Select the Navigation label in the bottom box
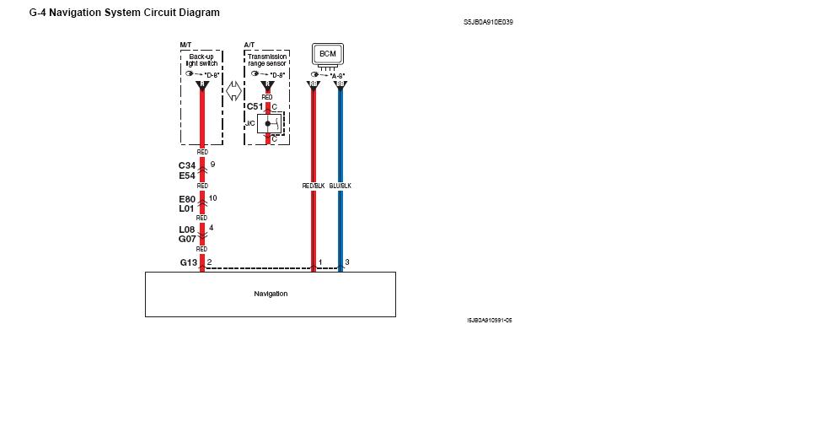point(271,294)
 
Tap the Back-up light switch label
point(202,60)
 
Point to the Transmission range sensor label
point(266,60)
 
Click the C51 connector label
point(255,106)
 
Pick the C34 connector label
point(187,165)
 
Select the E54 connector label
point(187,175)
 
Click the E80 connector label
point(187,199)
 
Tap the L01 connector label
point(187,208)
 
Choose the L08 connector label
point(187,229)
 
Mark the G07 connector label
point(187,239)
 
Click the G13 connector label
point(188,262)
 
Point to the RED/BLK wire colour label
point(314,186)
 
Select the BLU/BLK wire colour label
point(340,186)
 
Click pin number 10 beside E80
point(212,197)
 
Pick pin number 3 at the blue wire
point(347,262)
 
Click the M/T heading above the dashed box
point(185,43)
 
